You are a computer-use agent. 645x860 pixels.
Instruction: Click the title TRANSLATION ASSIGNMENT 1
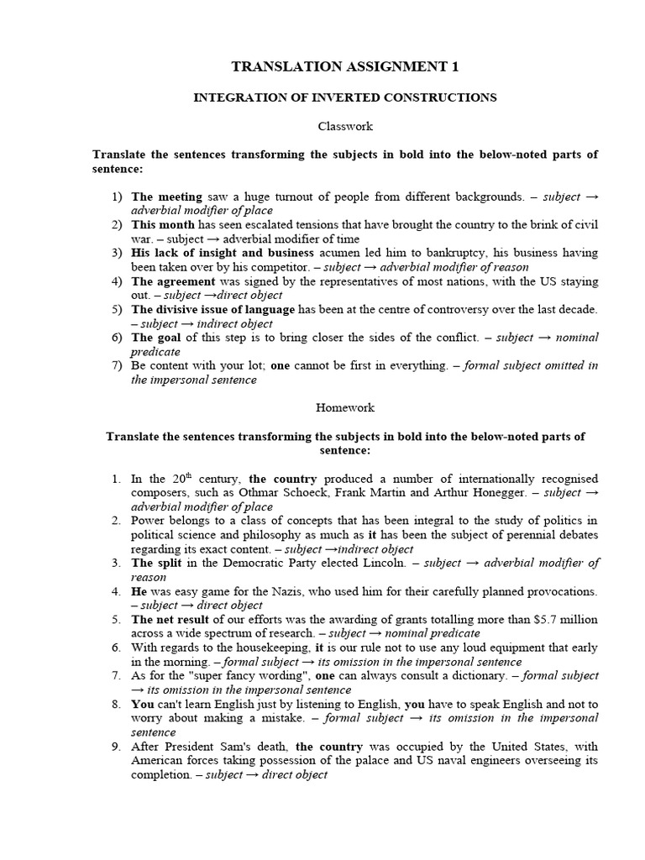(345, 66)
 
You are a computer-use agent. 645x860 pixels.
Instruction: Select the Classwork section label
(345, 126)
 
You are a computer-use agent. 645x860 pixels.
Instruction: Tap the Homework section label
(345, 407)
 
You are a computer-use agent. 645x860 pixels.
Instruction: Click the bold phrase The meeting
(166, 197)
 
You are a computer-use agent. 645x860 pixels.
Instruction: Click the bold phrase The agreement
(173, 281)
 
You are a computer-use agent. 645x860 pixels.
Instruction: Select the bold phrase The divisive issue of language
(213, 309)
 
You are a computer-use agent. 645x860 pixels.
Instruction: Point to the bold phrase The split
(155, 563)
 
